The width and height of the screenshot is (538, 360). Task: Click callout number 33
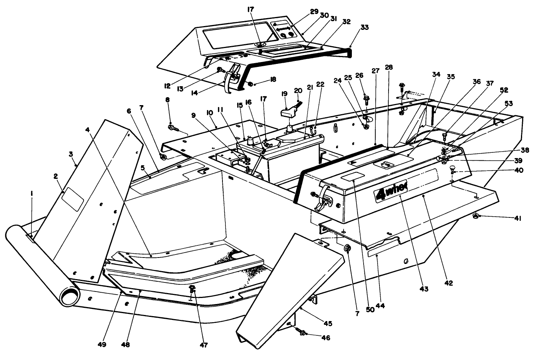click(x=364, y=27)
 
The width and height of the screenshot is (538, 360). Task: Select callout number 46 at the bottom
click(x=325, y=337)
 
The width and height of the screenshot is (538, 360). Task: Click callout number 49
click(x=102, y=344)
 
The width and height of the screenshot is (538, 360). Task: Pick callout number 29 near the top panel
click(x=314, y=11)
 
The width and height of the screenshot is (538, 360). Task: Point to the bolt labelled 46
click(x=302, y=332)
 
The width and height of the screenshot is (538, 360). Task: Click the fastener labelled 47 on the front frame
click(x=193, y=290)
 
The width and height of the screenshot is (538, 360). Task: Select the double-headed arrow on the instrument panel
click(x=284, y=28)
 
